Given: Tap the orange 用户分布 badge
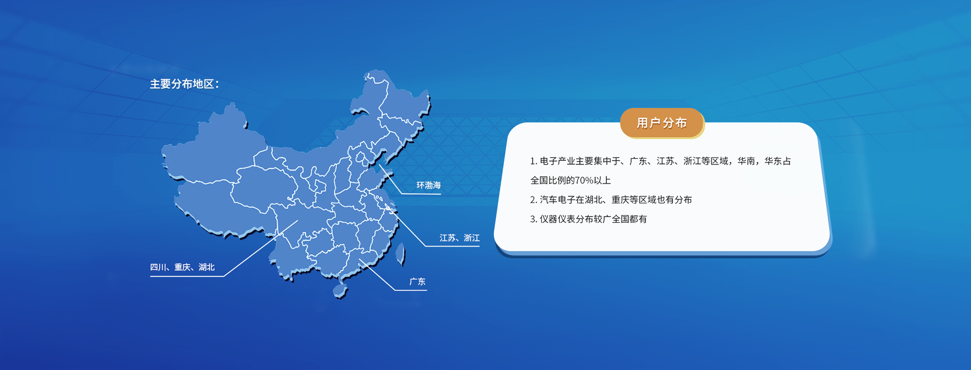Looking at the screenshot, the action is (661, 123).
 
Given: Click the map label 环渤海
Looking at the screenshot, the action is (428, 185).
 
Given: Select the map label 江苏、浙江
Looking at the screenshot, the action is (459, 238).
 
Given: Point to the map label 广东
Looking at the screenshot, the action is (417, 282).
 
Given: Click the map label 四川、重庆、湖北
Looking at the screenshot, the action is (182, 267).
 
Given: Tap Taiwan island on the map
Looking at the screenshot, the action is (401, 254).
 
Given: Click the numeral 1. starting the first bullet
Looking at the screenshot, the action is (534, 161).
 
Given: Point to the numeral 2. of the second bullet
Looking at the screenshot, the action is (534, 200).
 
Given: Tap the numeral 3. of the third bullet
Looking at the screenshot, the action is (534, 219).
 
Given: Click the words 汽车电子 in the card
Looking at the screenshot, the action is (558, 200).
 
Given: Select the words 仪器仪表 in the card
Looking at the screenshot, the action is (558, 219).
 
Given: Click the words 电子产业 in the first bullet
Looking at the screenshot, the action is (558, 161).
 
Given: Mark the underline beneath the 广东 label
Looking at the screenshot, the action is (411, 290).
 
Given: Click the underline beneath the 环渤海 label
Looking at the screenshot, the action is (421, 193).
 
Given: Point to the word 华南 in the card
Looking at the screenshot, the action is (746, 161).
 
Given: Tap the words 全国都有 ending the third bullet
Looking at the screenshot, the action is (629, 219).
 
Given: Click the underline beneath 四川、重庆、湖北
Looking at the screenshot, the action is (187, 276).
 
